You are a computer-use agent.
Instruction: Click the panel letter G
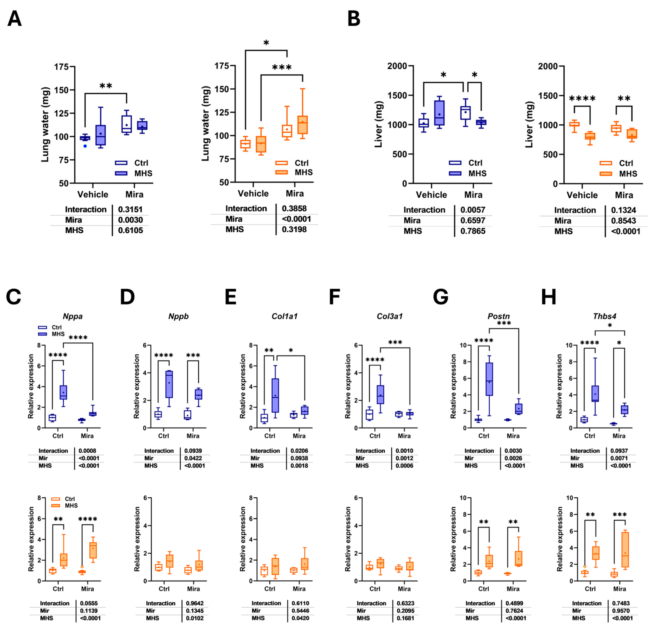click(440, 297)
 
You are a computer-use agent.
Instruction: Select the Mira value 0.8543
click(623, 221)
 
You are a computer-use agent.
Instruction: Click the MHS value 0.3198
click(294, 229)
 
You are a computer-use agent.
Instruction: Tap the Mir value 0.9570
click(621, 611)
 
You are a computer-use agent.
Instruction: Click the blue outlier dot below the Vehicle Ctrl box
click(85, 146)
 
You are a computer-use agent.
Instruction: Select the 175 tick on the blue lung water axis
click(62, 67)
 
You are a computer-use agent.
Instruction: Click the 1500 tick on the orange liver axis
click(548, 96)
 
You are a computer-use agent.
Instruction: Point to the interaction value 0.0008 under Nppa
click(87, 451)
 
